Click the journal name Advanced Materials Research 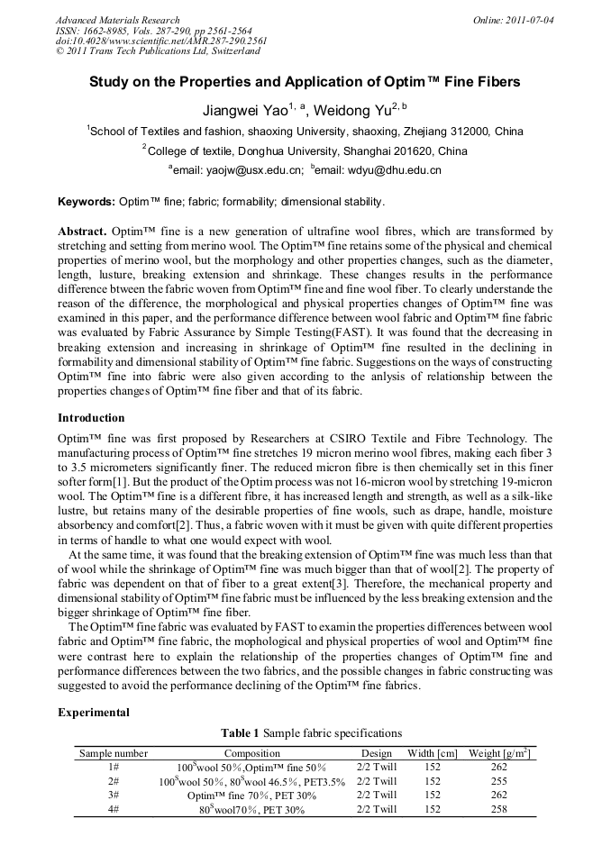(117, 20)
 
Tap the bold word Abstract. (83, 232)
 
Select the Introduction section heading (91, 418)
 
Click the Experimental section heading (94, 713)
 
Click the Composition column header (251, 753)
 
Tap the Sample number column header (114, 753)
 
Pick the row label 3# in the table (114, 796)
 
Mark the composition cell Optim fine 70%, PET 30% (251, 796)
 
